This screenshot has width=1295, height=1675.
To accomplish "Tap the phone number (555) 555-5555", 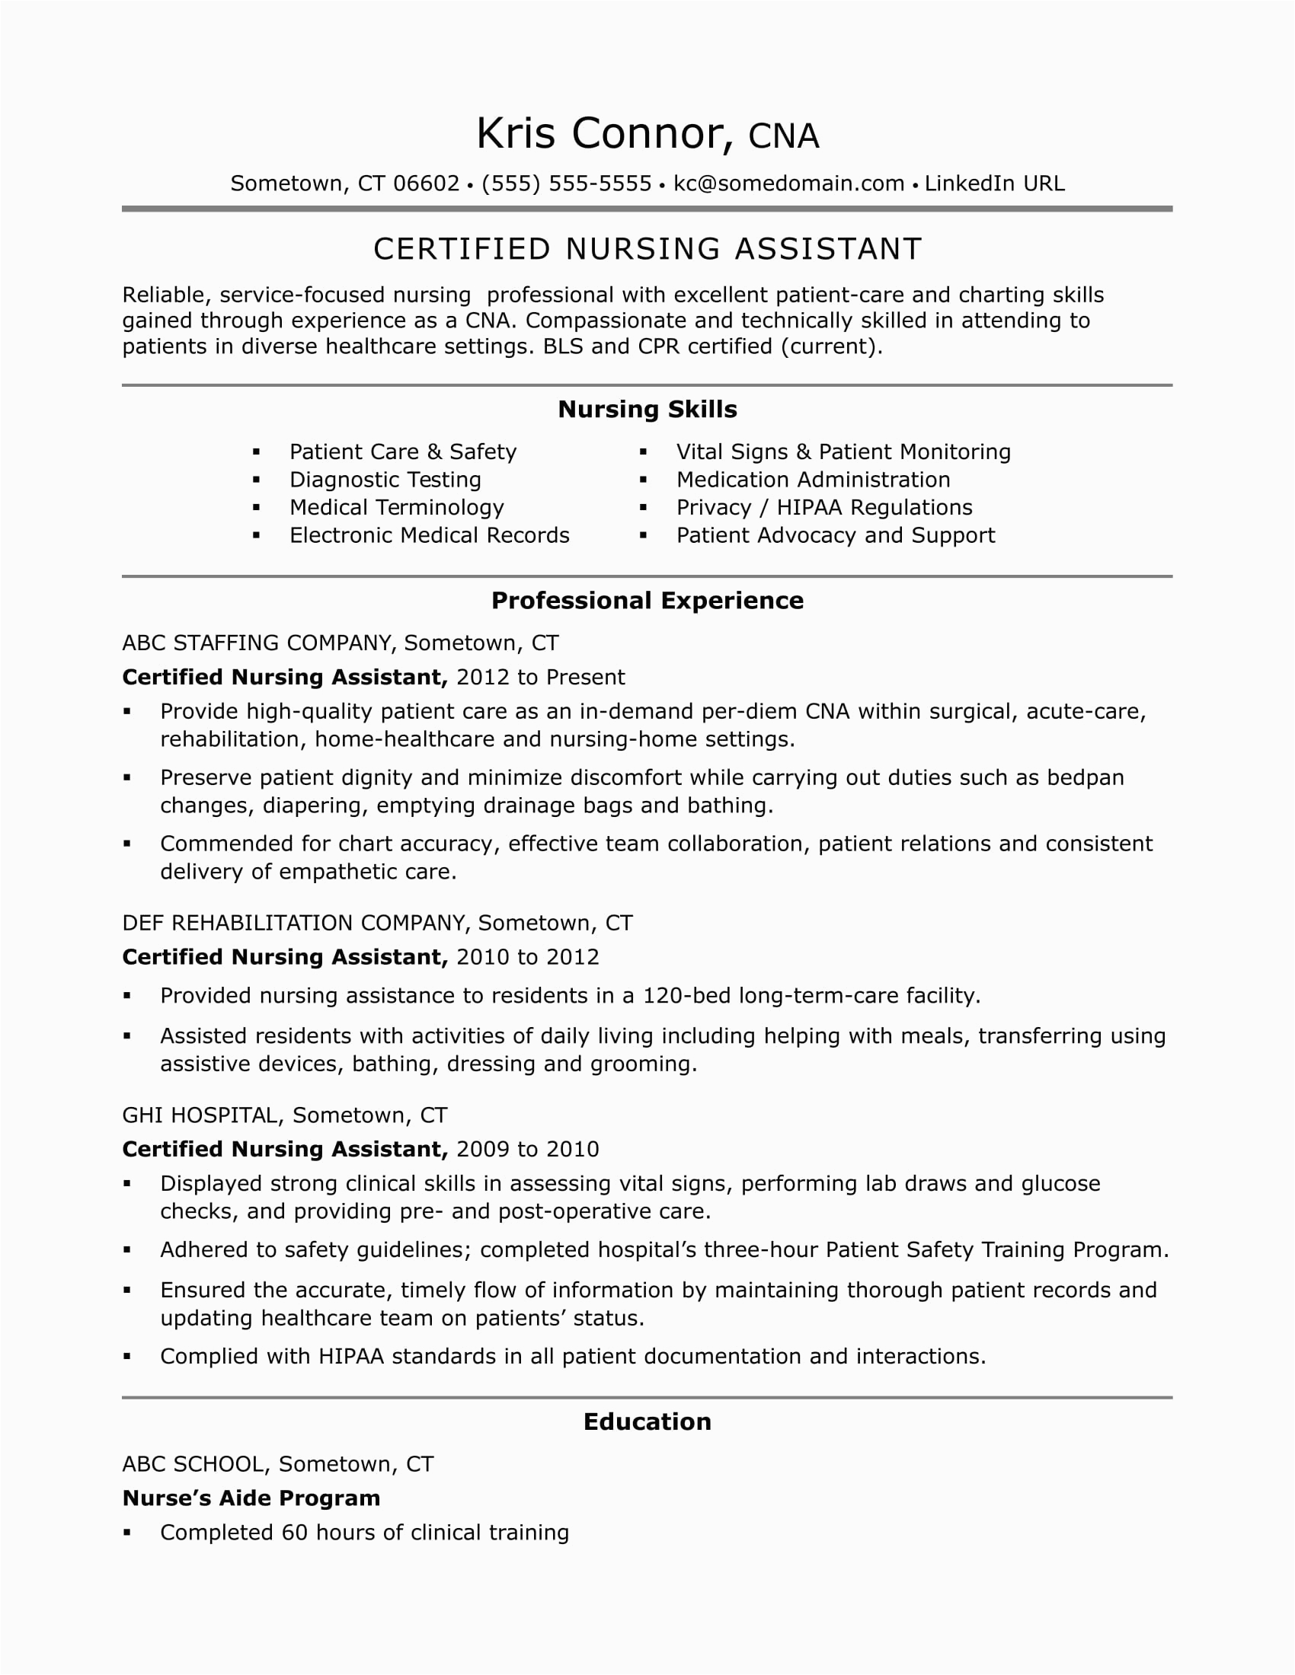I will click(566, 183).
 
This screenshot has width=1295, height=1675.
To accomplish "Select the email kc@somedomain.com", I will click(788, 183).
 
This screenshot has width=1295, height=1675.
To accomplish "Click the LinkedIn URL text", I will click(994, 183).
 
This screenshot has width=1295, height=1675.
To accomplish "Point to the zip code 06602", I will click(426, 183).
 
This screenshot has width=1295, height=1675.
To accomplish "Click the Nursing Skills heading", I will click(647, 410).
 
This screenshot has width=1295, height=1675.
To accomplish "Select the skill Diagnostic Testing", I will click(385, 480).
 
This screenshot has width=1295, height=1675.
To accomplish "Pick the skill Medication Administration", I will click(813, 480).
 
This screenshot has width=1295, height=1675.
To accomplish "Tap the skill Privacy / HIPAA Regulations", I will click(824, 508).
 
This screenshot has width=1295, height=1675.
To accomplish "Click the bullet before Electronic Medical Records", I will click(257, 536).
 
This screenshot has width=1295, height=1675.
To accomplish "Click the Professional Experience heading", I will click(647, 601).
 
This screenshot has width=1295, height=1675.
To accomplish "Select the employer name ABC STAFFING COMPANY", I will click(257, 643).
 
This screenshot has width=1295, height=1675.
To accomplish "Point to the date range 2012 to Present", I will click(540, 677).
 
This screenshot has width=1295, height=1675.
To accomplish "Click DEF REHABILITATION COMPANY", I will click(295, 923).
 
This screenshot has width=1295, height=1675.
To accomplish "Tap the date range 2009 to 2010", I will click(527, 1149).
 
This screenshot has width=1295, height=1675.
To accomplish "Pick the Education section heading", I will click(647, 1422).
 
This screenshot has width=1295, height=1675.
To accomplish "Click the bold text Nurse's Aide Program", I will click(251, 1498).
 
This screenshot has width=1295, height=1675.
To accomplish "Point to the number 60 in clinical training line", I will click(295, 1533).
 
